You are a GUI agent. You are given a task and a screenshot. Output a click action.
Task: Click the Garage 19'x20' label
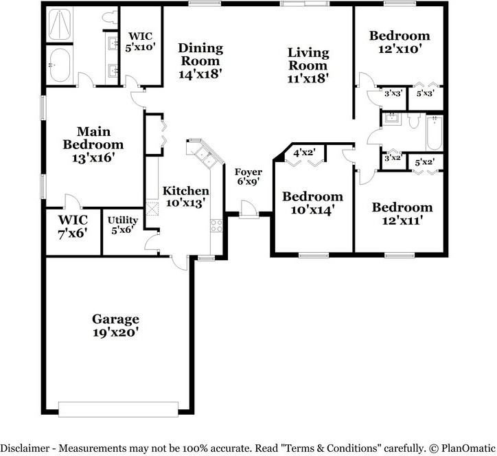point(115,326)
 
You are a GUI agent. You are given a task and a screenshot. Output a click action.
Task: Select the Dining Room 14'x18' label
point(200,60)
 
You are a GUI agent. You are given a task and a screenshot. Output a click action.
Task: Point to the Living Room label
point(308,65)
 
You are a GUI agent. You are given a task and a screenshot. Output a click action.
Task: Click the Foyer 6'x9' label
point(248,177)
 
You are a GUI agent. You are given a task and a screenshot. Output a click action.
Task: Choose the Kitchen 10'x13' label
point(185,196)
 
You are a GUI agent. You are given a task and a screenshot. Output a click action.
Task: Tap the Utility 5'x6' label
point(123,225)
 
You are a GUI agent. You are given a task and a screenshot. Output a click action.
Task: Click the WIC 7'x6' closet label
point(72,225)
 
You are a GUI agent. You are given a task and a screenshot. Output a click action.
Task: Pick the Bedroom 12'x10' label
point(400,42)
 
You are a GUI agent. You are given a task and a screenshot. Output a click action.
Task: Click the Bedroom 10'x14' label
point(312,203)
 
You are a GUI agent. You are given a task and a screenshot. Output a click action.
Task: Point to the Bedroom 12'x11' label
point(402,214)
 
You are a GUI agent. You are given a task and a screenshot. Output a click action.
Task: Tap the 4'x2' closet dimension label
point(304,153)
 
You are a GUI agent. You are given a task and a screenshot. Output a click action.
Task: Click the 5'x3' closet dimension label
point(424,93)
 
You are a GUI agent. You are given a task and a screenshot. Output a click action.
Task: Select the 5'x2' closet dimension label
point(424,162)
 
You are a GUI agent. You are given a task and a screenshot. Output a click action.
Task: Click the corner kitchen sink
point(203,153)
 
